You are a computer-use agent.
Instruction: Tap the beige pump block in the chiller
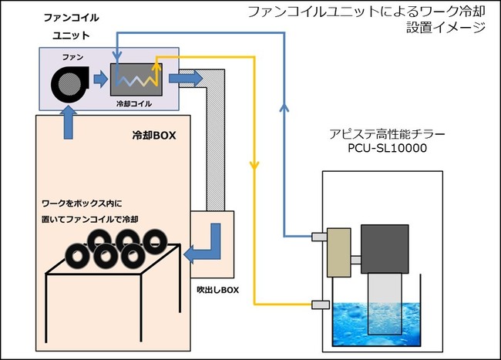(338, 252)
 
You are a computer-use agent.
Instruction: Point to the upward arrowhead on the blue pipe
(285, 109)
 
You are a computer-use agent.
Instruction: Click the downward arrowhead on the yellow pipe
(254, 166)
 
